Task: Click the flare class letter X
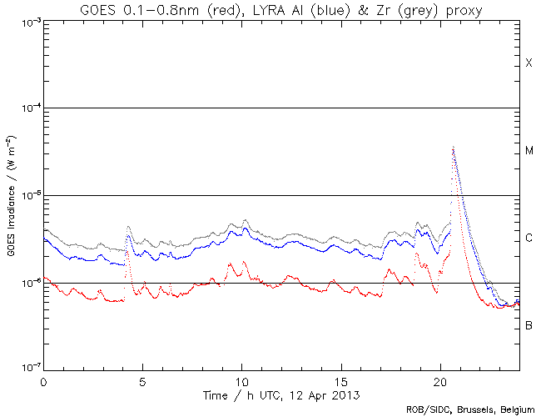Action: [529, 64]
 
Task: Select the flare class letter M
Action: [529, 151]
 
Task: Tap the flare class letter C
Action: [529, 239]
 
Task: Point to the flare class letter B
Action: [529, 324]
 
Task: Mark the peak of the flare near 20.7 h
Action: [453, 148]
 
